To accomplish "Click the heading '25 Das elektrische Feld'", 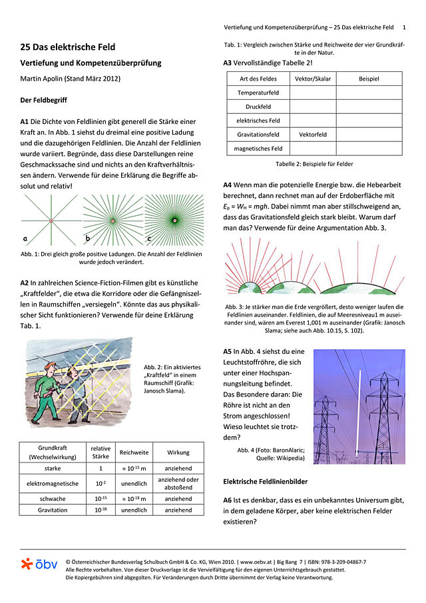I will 68,47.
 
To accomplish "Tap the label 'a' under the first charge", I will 25,238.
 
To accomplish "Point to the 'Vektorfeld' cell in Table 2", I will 312,134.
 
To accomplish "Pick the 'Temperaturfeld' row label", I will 258,92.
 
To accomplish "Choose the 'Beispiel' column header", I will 369,79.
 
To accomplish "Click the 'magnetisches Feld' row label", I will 258,148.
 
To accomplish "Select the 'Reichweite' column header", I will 134,452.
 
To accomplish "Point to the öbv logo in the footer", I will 39,564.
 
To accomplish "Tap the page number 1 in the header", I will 404,27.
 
